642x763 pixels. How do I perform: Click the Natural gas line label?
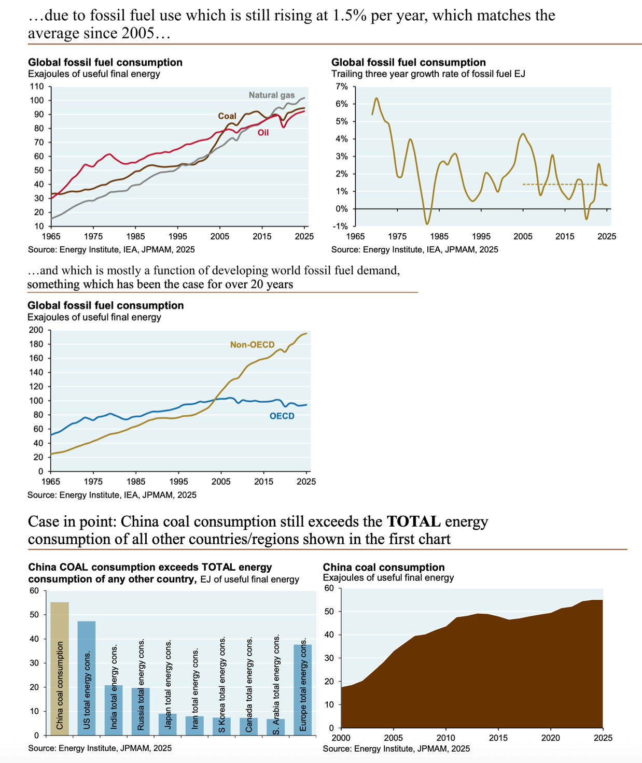272,95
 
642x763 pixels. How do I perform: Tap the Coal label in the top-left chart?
227,116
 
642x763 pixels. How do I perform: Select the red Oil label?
263,133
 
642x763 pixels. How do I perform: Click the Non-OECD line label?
252,345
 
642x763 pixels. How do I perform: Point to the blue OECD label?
282,416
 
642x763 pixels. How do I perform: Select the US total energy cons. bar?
87,678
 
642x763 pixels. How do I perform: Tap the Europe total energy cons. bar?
303,690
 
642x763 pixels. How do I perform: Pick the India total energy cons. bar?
114,710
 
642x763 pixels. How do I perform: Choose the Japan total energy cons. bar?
168,724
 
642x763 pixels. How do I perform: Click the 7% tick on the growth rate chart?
341,87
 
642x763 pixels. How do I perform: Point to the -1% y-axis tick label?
340,226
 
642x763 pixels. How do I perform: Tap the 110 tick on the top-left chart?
36,87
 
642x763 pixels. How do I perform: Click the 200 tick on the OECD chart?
36,330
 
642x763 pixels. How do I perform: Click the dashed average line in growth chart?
565,185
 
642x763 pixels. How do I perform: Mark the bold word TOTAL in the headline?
413,521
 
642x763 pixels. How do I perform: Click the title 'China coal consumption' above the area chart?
384,567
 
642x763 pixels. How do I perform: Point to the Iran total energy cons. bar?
194,726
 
